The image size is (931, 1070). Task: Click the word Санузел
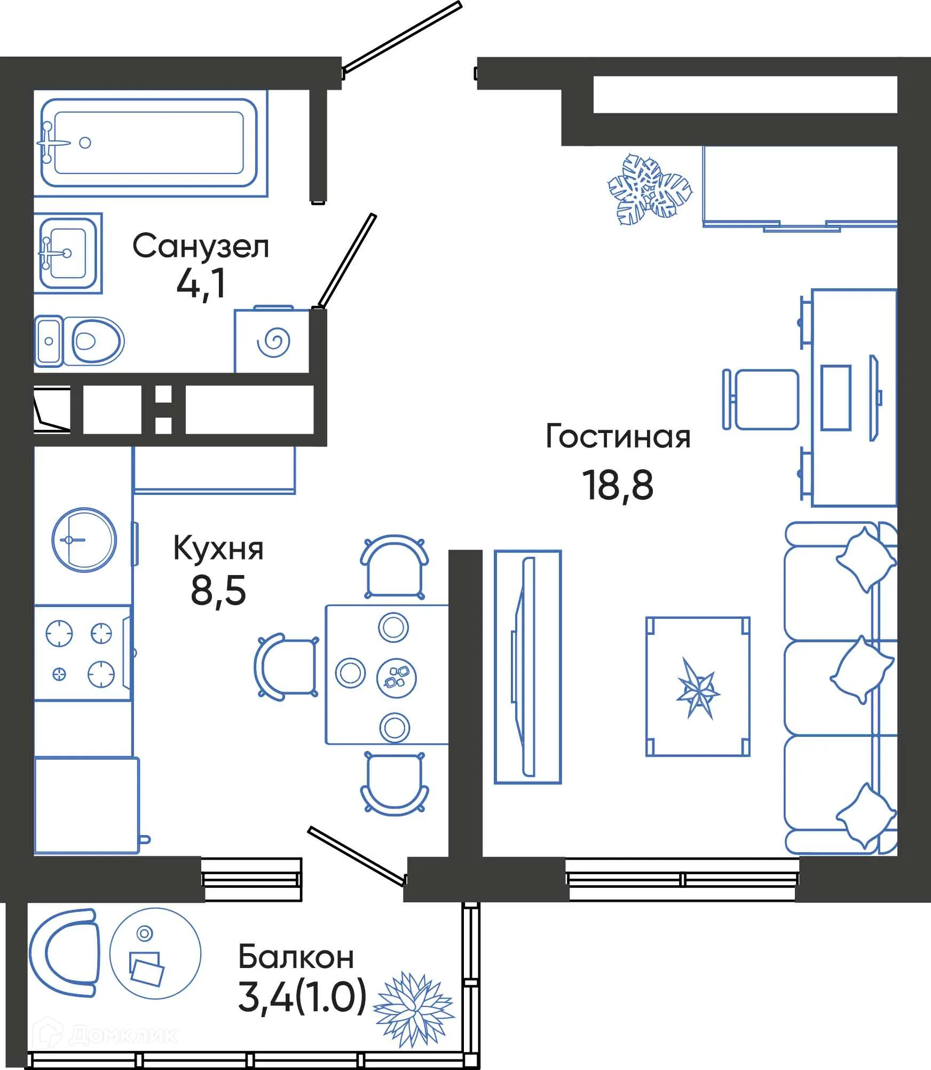click(x=200, y=247)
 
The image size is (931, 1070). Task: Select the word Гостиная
click(x=618, y=436)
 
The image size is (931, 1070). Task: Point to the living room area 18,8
click(x=617, y=485)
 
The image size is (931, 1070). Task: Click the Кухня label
click(x=218, y=548)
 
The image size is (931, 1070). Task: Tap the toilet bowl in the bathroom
click(x=95, y=341)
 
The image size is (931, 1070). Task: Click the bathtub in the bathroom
click(x=149, y=143)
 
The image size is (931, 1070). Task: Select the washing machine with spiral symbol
click(x=272, y=341)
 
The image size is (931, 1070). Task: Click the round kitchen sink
click(x=84, y=540)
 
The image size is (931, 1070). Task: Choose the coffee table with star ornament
click(x=698, y=686)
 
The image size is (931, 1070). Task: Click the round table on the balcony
click(x=155, y=954)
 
